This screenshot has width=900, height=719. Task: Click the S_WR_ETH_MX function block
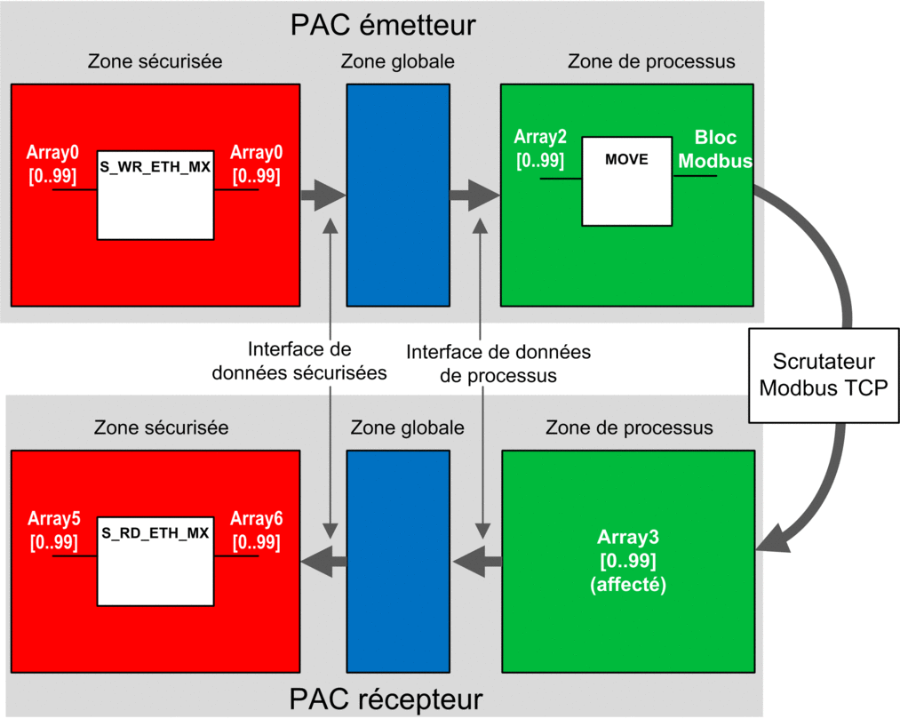(x=155, y=196)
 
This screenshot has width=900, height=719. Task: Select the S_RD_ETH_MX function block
(x=155, y=562)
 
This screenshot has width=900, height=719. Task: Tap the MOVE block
(x=626, y=181)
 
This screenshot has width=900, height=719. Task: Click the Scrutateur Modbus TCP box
(x=824, y=376)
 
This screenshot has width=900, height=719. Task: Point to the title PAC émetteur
(x=383, y=25)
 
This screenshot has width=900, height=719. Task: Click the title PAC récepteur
(x=386, y=699)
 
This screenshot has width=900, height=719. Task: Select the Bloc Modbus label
(x=715, y=148)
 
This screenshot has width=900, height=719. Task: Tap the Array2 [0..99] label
(x=540, y=148)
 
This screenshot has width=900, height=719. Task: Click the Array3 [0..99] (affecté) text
(x=628, y=561)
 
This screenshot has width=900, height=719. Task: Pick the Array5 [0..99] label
(x=54, y=530)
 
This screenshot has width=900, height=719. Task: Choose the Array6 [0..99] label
(x=257, y=530)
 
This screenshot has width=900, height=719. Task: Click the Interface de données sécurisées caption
(x=299, y=361)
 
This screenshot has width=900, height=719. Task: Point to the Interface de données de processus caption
(x=498, y=363)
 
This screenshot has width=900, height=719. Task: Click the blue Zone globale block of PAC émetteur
(x=398, y=196)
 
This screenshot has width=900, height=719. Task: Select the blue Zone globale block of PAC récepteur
(x=398, y=562)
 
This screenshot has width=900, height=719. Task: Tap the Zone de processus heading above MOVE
(x=651, y=61)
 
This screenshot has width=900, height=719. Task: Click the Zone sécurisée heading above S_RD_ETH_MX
(x=162, y=427)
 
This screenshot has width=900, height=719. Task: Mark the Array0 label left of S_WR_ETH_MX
(x=52, y=164)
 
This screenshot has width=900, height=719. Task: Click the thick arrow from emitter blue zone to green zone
(x=474, y=196)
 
